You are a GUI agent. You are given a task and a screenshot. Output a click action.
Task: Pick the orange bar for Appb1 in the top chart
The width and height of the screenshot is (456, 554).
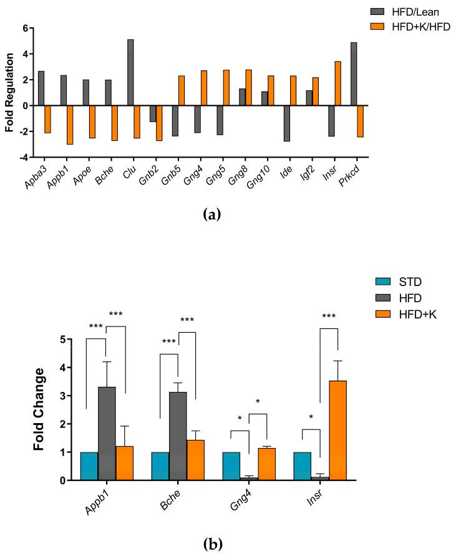point(70,125)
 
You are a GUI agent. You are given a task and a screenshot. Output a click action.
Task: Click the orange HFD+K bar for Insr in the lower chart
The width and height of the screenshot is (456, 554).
point(337,430)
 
